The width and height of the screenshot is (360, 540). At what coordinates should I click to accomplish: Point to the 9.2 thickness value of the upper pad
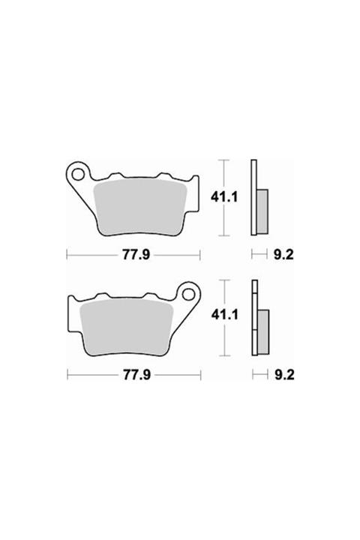coord(283,255)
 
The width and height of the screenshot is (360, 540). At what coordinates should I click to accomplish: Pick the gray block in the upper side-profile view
coord(262,211)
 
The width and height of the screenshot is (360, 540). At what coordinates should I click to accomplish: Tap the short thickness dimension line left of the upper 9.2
coord(259,255)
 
